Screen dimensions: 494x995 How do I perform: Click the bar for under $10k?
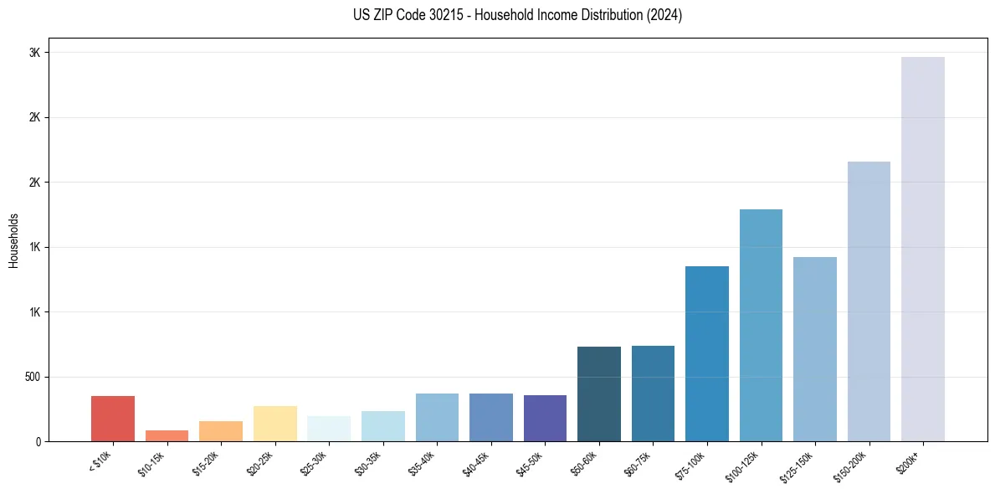pyautogui.click(x=113, y=419)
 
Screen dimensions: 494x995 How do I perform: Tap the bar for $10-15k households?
pyautogui.click(x=167, y=435)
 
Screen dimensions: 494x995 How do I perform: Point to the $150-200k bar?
pyautogui.click(x=869, y=301)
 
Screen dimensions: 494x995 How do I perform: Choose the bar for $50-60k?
pyautogui.click(x=599, y=394)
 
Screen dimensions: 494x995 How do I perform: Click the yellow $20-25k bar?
pyautogui.click(x=274, y=424)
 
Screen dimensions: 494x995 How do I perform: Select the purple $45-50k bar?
pyautogui.click(x=545, y=418)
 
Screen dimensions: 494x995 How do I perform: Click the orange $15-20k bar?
pyautogui.click(x=221, y=431)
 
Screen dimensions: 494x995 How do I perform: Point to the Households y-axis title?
pyautogui.click(x=14, y=239)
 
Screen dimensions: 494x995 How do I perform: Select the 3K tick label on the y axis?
pyautogui.click(x=35, y=53)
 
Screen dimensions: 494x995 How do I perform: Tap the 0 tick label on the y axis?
pyautogui.click(x=38, y=441)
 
